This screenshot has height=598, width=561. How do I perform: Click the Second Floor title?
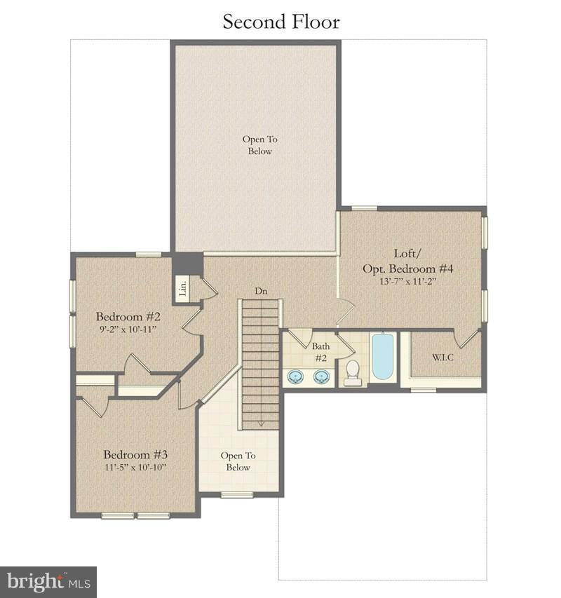pyautogui.click(x=281, y=22)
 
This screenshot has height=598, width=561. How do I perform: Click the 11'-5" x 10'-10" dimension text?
pyautogui.click(x=136, y=467)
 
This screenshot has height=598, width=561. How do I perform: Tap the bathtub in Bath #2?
pyautogui.click(x=383, y=357)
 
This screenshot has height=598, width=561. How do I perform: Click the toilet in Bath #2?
pyautogui.click(x=353, y=372)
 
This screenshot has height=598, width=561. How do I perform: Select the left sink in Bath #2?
pyautogui.click(x=296, y=376)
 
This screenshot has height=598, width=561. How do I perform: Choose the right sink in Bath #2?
pyautogui.click(x=321, y=376)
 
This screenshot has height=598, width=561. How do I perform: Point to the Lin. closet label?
pyautogui.click(x=182, y=287)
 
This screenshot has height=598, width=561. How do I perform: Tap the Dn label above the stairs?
pyautogui.click(x=260, y=291)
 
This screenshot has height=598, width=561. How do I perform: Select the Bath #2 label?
pyautogui.click(x=320, y=352)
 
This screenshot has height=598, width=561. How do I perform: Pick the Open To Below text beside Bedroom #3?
pyautogui.click(x=238, y=461)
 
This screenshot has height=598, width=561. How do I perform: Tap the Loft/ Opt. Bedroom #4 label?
pyautogui.click(x=407, y=261)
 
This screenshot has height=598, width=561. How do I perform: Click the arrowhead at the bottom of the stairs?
pyautogui.click(x=260, y=423)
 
